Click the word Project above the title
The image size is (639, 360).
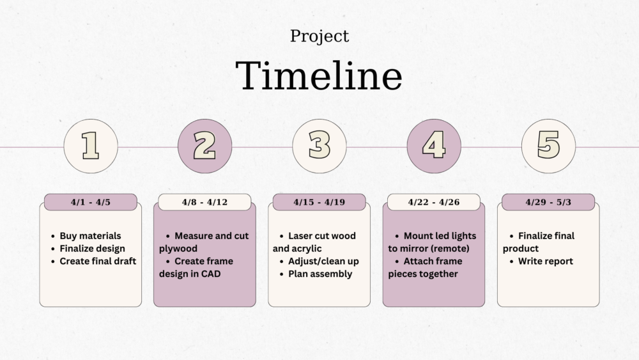pos(319,36)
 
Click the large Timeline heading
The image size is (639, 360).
pos(319,76)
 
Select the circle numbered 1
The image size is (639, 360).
pos(91,146)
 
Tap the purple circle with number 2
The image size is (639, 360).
pos(204,146)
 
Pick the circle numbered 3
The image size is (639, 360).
pos(319,146)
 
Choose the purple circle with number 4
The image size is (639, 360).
pos(434,146)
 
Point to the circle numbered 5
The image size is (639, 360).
pos(548,146)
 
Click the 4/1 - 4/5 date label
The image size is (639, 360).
pos(91,202)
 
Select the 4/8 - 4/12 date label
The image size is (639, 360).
pos(204,202)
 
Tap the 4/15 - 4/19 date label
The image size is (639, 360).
pos(319,202)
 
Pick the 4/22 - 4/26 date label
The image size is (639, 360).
pos(434,202)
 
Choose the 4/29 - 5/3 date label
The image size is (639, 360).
pos(548,202)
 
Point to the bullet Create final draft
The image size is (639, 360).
pos(94,262)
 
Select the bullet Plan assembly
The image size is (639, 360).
pos(316,274)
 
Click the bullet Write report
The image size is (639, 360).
pos(541,262)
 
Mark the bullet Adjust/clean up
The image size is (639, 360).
pos(319,262)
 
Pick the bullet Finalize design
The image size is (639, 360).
pos(88,249)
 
